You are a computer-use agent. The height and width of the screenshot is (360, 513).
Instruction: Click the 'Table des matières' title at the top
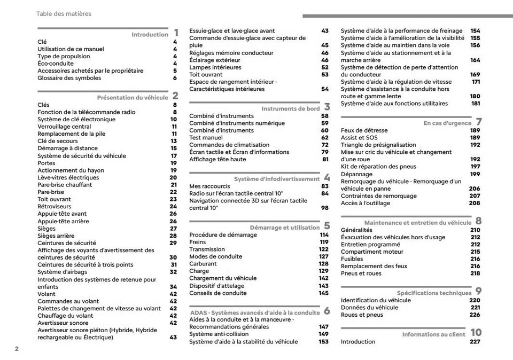tap(64, 14)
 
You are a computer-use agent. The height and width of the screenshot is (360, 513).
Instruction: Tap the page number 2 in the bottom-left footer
tap(17, 349)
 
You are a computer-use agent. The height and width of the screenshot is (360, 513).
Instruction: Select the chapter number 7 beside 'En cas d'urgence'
tap(479, 122)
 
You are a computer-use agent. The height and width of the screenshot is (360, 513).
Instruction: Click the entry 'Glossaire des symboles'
tap(69, 78)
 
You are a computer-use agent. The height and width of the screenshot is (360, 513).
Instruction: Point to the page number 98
tap(324, 208)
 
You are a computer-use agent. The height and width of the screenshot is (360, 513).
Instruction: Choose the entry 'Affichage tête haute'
tap(217, 159)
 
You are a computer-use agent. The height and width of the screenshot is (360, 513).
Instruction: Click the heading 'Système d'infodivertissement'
tap(276, 179)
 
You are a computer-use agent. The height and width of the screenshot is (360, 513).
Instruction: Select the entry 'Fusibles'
tap(352, 259)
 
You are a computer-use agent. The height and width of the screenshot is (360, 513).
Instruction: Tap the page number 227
tap(475, 342)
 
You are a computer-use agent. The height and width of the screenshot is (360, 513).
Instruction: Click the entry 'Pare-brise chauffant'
tap(65, 185)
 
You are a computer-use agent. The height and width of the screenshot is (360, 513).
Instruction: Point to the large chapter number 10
tap(476, 333)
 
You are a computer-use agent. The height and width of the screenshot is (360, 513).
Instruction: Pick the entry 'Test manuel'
tap(206, 138)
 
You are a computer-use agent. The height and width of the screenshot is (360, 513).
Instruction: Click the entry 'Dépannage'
tap(356, 174)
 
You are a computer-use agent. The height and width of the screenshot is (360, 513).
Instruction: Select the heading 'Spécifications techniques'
tap(434, 293)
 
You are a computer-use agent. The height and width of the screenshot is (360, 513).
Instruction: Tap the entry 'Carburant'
tap(203, 264)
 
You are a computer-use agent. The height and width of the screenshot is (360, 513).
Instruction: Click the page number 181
tap(475, 104)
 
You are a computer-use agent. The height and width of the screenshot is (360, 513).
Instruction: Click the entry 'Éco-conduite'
tap(55, 64)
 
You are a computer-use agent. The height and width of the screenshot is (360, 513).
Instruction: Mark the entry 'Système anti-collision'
tap(219, 334)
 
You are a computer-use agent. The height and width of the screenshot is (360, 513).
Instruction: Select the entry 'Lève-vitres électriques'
tap(68, 178)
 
